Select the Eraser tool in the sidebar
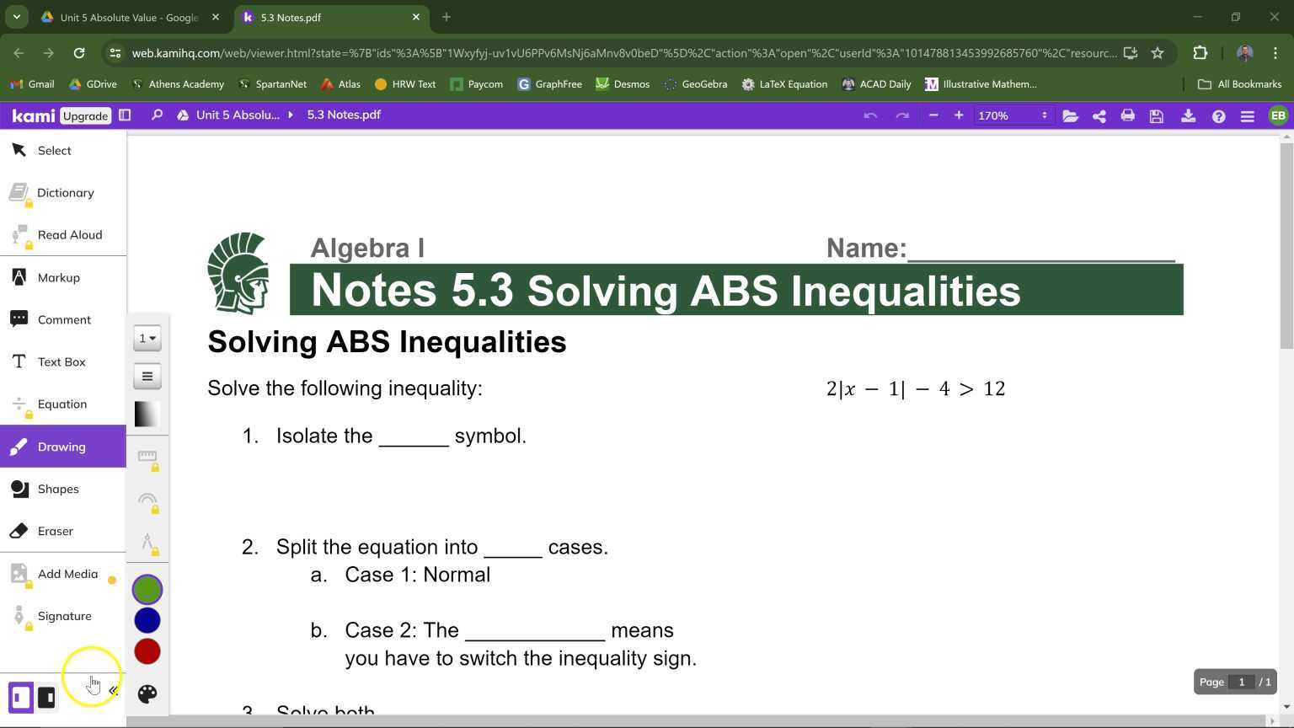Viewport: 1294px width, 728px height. point(55,531)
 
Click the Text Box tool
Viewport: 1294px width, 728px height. point(61,361)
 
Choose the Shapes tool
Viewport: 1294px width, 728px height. point(57,489)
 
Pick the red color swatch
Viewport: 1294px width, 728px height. point(147,651)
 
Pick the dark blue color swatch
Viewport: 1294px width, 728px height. point(147,620)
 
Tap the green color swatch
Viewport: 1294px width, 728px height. point(147,590)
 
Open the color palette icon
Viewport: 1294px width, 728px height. point(147,693)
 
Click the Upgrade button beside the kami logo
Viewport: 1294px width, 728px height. point(86,115)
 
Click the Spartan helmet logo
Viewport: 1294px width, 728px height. point(238,273)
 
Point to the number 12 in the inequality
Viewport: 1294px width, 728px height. point(994,388)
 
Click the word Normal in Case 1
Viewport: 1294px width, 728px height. point(457,575)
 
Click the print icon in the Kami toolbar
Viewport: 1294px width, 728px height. point(1127,115)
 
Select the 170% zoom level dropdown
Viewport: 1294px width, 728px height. point(1011,115)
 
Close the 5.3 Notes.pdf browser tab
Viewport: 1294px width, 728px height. point(415,17)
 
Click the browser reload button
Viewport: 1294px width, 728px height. point(79,53)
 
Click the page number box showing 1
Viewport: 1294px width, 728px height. point(1241,682)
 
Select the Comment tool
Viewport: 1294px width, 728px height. point(63,319)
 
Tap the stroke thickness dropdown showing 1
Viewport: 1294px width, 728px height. point(147,338)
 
